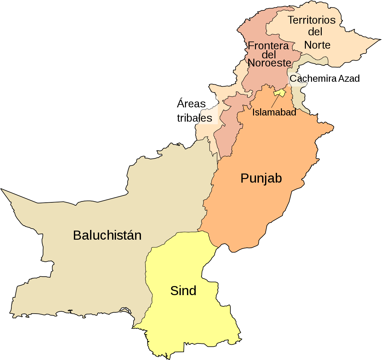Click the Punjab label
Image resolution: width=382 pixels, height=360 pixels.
pos(261,178)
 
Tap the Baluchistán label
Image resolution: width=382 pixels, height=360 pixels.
pos(107,235)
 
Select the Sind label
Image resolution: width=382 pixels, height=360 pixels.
pos(183,291)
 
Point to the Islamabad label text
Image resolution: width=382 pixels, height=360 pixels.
pos(274,112)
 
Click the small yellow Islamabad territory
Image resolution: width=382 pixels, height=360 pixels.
pos(280,93)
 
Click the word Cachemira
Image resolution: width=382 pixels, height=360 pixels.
pos(313,78)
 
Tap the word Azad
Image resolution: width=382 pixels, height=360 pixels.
pos(349,78)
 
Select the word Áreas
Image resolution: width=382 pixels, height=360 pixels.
pos(191,104)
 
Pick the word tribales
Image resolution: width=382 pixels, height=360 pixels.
pos(194,118)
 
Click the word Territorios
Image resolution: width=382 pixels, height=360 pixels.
pos(311,20)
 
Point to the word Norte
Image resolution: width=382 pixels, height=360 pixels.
pos(317,45)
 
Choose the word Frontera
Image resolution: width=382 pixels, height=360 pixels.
pos(268,46)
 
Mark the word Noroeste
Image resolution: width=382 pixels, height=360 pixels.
pos(270,63)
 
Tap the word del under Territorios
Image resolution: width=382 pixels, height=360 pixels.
pos(315,32)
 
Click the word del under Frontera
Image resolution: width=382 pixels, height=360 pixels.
pos(269,54)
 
